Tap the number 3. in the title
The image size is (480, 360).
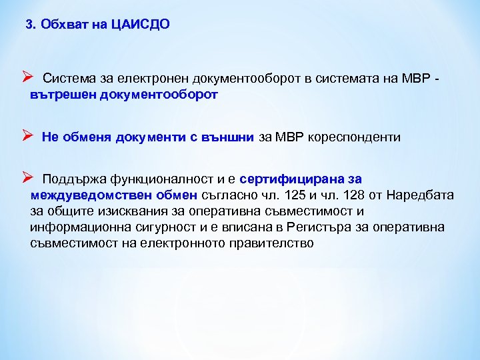(x=30, y=25)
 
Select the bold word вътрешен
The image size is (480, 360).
(x=63, y=95)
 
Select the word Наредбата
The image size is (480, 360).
(x=421, y=195)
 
